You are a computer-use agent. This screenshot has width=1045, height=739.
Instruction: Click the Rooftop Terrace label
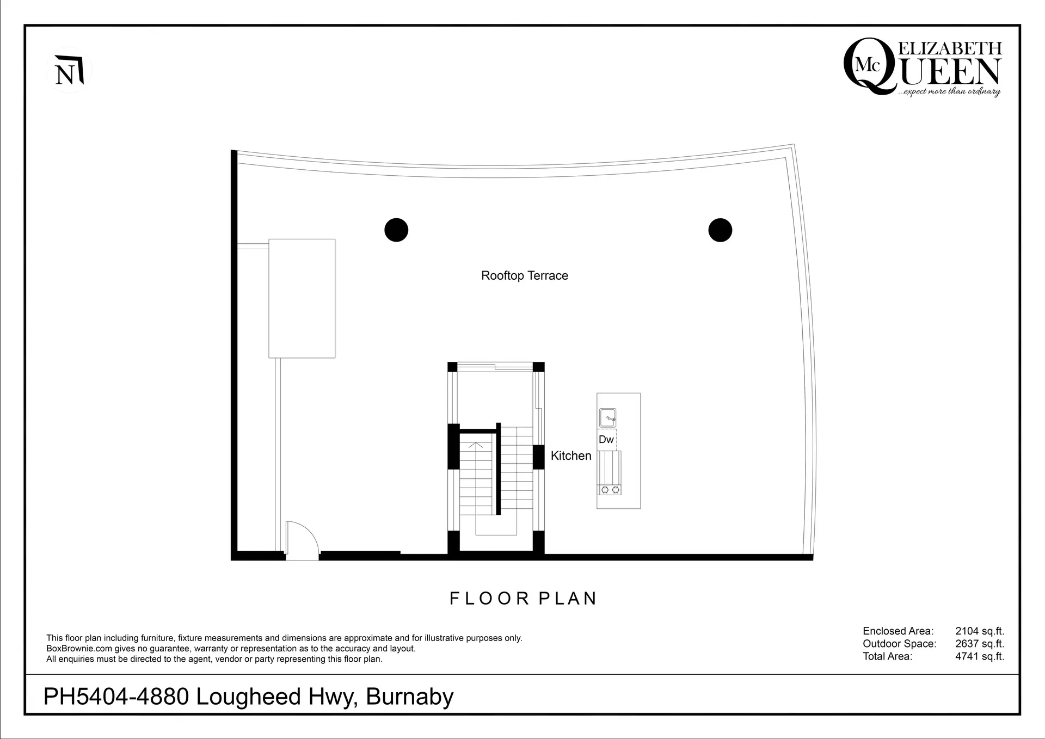pyautogui.click(x=524, y=275)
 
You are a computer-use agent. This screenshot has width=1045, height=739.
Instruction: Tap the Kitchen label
pyautogui.click(x=570, y=455)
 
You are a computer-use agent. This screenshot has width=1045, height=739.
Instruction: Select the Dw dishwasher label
pyautogui.click(x=606, y=439)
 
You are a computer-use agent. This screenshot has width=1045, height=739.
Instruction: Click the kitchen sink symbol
pyautogui.click(x=607, y=418)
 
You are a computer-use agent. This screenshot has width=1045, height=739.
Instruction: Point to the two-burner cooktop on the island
pyautogui.click(x=610, y=490)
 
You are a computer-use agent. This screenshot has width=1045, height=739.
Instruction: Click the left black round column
pyautogui.click(x=396, y=230)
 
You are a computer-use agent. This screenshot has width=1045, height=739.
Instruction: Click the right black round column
pyautogui.click(x=720, y=230)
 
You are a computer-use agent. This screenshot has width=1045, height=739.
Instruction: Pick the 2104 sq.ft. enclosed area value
pyautogui.click(x=979, y=631)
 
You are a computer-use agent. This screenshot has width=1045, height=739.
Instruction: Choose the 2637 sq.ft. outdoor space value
pyautogui.click(x=979, y=644)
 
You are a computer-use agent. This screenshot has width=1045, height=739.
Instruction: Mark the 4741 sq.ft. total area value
pyautogui.click(x=979, y=656)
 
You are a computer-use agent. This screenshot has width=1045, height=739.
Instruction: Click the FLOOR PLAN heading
pyautogui.click(x=523, y=598)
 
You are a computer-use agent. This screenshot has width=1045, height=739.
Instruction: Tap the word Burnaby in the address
pyautogui.click(x=409, y=697)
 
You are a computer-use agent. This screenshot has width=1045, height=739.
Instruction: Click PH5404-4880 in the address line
pyautogui.click(x=116, y=697)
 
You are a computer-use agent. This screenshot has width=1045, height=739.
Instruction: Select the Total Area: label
pyautogui.click(x=887, y=656)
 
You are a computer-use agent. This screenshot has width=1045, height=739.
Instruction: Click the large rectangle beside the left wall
pyautogui.click(x=302, y=298)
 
